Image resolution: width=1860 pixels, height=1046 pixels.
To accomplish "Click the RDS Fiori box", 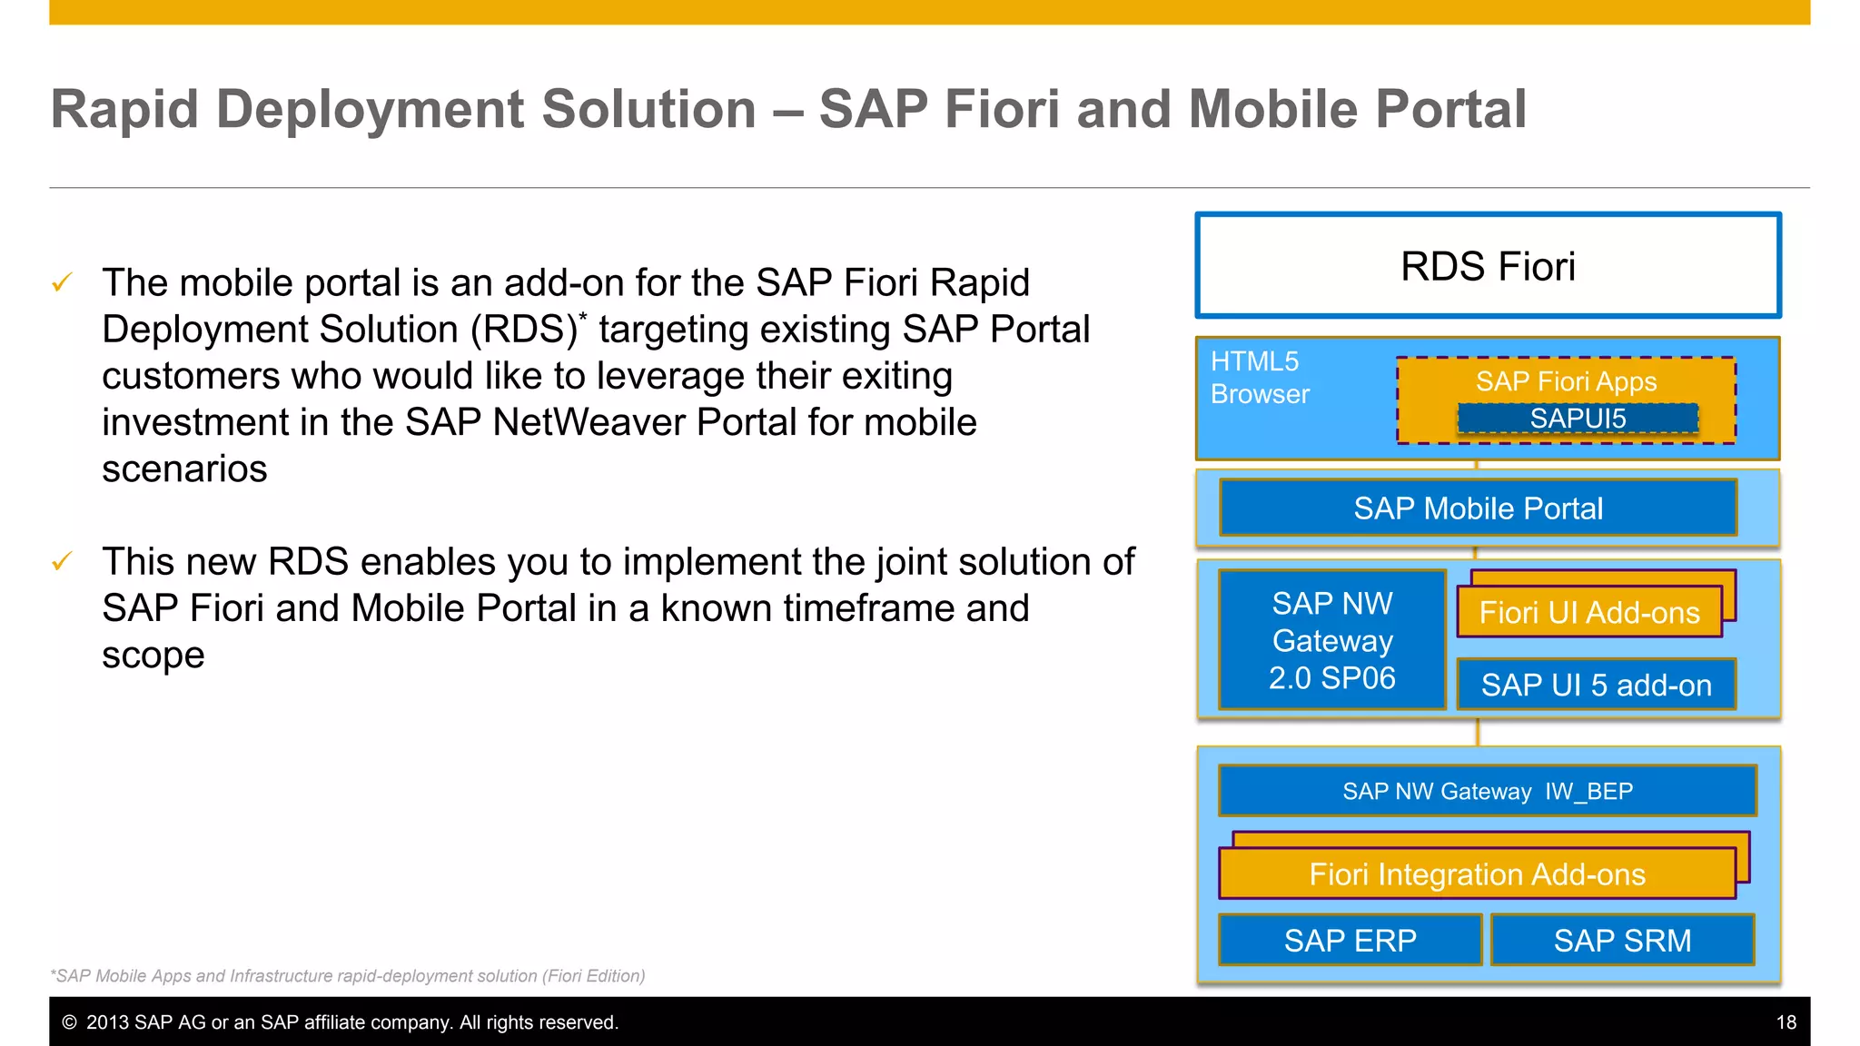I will pos(1488,266).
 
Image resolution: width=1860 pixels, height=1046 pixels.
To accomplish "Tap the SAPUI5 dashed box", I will pos(1578,419).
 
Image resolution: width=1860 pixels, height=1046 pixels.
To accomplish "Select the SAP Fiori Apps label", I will pos(1566,381).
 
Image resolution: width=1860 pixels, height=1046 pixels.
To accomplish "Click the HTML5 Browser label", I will pos(1260,378).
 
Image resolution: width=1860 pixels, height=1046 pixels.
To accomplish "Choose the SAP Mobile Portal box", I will pos(1478,508).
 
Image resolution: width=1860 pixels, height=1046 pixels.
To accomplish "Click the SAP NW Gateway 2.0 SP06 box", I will pos(1331,640).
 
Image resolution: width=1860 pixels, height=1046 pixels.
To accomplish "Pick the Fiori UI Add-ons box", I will pos(1588,613).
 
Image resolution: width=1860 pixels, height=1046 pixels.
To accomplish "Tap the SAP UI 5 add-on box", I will pos(1596,685).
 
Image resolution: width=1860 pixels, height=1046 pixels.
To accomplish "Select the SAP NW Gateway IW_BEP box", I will pos(1487,791).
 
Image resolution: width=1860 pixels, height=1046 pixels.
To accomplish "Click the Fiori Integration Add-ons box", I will pos(1477,874).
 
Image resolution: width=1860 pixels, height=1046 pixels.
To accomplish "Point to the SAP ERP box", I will pos(1350,941).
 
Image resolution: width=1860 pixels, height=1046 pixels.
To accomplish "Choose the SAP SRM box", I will pos(1622,941).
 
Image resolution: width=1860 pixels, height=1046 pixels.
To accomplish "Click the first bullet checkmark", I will pos(62,282).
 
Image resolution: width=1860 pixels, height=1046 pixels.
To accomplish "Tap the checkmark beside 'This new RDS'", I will pos(62,561).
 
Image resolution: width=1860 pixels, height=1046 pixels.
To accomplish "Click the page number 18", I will pos(1786,1022).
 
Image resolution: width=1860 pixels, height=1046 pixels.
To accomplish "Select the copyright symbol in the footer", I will pos(69,1022).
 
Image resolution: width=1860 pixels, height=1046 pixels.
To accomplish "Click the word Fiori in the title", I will pos(1002,110).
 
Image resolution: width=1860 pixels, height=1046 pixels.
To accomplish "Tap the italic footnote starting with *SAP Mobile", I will pos(348,976).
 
